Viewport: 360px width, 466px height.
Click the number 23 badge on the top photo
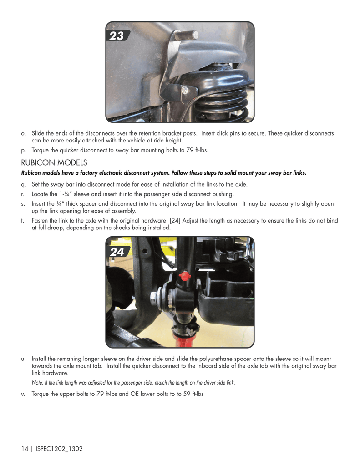point(117,36)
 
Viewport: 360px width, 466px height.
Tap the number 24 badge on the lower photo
point(117,252)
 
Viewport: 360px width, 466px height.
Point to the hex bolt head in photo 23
point(184,90)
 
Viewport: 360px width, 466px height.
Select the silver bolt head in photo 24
point(155,298)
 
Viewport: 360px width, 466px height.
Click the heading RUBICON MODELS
point(54,162)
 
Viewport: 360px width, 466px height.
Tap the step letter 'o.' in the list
point(23,134)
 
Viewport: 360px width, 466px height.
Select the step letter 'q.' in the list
point(23,185)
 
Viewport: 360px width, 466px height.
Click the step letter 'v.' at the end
point(23,394)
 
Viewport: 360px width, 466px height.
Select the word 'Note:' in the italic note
point(37,383)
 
